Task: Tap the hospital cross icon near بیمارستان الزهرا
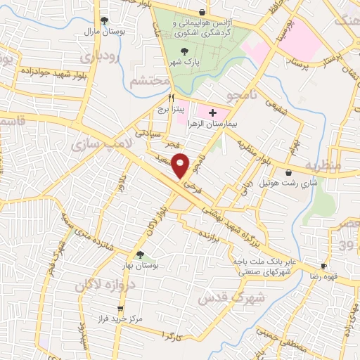pyautogui.click(x=212, y=112)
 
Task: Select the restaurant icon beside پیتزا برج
pyautogui.click(x=162, y=99)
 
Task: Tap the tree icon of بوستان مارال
pyautogui.click(x=105, y=20)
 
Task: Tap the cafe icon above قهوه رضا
pyautogui.click(x=323, y=266)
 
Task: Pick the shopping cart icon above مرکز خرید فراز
pyautogui.click(x=120, y=309)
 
